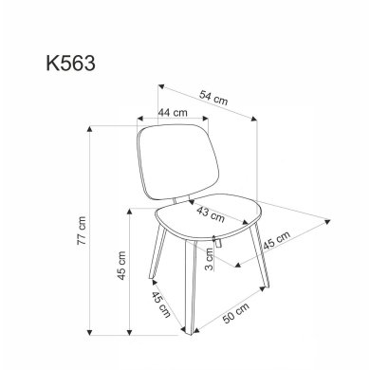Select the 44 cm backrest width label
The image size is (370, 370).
(173, 114)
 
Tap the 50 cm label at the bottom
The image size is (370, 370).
(236, 317)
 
